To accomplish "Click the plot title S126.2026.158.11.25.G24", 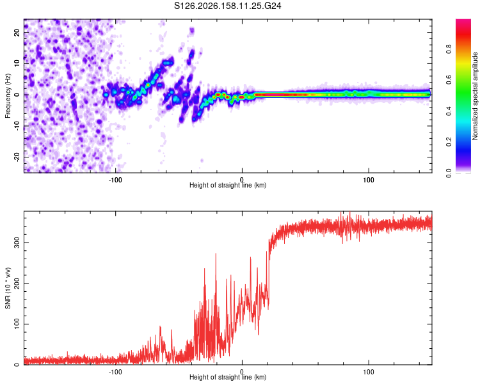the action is point(227,6).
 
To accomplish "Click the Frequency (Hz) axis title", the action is point(8,96).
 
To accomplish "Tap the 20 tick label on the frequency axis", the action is point(17,33).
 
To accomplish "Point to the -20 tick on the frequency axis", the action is point(17,157).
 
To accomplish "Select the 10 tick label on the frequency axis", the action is point(17,64).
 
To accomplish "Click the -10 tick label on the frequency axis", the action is point(17,126).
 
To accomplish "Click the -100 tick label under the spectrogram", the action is point(115,180).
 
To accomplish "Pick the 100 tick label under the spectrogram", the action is point(369,180).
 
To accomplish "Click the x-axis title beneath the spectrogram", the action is point(228,185).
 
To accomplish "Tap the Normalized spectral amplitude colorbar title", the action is point(475,96).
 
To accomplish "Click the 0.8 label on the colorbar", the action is point(449,49).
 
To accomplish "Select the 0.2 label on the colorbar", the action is point(449,142).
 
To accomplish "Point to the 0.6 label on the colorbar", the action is point(449,80).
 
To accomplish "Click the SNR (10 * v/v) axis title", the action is point(8,288).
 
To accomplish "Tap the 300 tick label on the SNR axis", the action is point(17,242).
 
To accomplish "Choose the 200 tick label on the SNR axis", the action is point(17,283).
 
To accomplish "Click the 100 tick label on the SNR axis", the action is point(17,324).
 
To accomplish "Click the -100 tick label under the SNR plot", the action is point(115,372).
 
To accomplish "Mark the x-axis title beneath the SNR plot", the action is point(228,377).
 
